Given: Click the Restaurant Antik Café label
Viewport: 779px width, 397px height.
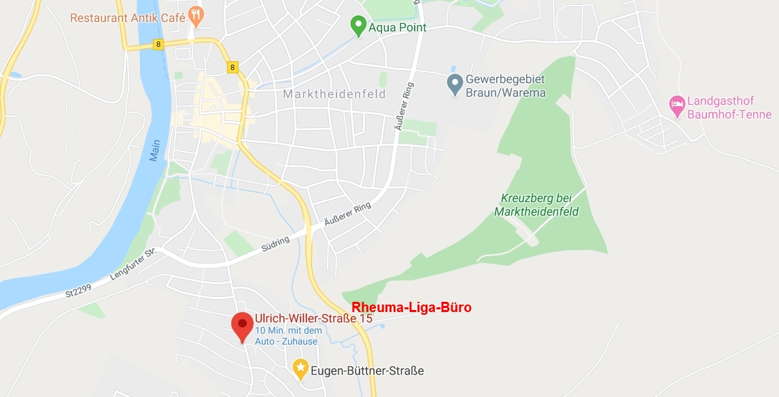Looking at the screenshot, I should tap(127, 17).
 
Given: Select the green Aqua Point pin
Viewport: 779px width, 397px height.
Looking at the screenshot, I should tap(358, 27).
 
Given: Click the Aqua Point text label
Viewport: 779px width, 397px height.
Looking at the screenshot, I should tap(398, 28).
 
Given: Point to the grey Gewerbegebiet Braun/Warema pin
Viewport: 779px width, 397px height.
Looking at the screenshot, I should tap(455, 84).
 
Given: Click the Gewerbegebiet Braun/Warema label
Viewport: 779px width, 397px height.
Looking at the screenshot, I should tap(505, 86).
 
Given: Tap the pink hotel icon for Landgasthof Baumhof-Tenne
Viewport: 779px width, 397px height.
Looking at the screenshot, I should tap(676, 106).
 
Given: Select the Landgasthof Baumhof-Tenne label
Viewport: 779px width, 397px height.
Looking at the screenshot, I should tap(729, 107).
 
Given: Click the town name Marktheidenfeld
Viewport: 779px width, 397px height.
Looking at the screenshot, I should tap(334, 94).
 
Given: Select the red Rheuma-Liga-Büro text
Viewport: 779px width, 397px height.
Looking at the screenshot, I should tap(411, 307).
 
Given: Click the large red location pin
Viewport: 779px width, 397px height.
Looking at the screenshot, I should tap(242, 326).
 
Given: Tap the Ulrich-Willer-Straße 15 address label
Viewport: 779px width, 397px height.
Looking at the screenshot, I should tap(313, 317).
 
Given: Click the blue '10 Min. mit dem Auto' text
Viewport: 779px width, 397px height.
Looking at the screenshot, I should tap(288, 336).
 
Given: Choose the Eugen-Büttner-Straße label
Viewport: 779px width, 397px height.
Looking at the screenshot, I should tap(367, 370).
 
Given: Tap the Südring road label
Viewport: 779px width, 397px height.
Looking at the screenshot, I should tap(275, 244).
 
